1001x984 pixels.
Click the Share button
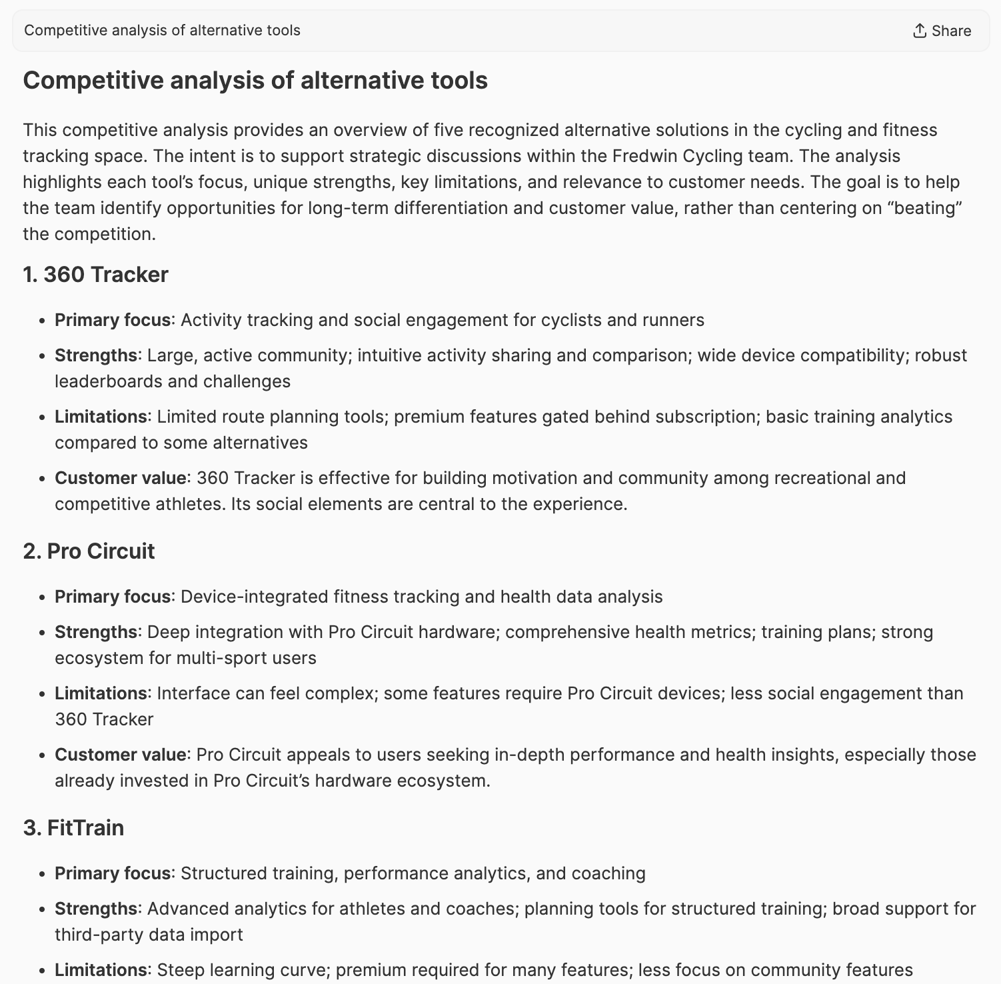[x=942, y=31]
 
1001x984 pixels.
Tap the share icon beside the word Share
[x=920, y=31]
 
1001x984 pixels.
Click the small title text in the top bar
[x=162, y=31]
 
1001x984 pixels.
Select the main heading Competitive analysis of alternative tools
[x=255, y=81]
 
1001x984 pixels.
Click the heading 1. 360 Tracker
[x=95, y=275]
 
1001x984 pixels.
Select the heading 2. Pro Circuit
[x=89, y=551]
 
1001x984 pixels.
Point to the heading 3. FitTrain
[x=73, y=828]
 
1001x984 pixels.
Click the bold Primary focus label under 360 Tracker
[x=113, y=320]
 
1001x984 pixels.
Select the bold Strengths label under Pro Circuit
[x=96, y=632]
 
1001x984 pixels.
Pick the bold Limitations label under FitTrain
[x=101, y=970]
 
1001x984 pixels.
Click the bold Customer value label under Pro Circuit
[x=120, y=755]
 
